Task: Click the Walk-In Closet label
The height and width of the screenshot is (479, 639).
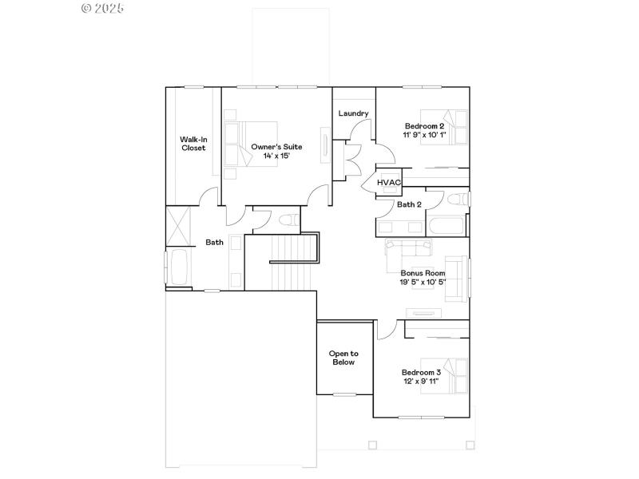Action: tap(193, 144)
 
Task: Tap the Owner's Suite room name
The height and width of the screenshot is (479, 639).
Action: tap(276, 147)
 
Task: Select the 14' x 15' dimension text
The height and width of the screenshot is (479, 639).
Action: tap(276, 156)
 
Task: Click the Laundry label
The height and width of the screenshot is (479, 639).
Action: tap(353, 113)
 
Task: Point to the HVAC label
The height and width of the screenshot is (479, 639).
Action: tap(388, 183)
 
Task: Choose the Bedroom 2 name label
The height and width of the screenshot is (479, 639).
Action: tap(423, 126)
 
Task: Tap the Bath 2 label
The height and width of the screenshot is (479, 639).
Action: tap(410, 204)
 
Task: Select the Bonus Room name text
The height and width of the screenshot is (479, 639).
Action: tap(423, 272)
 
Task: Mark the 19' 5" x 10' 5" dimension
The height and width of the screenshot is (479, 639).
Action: tap(423, 282)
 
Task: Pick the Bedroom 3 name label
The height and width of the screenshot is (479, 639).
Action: tap(421, 373)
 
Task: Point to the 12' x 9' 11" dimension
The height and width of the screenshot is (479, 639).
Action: tap(421, 382)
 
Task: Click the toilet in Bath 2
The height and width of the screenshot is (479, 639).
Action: tap(458, 198)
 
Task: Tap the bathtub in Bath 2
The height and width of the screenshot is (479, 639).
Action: tap(446, 225)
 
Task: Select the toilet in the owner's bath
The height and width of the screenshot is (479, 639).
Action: tap(288, 220)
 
